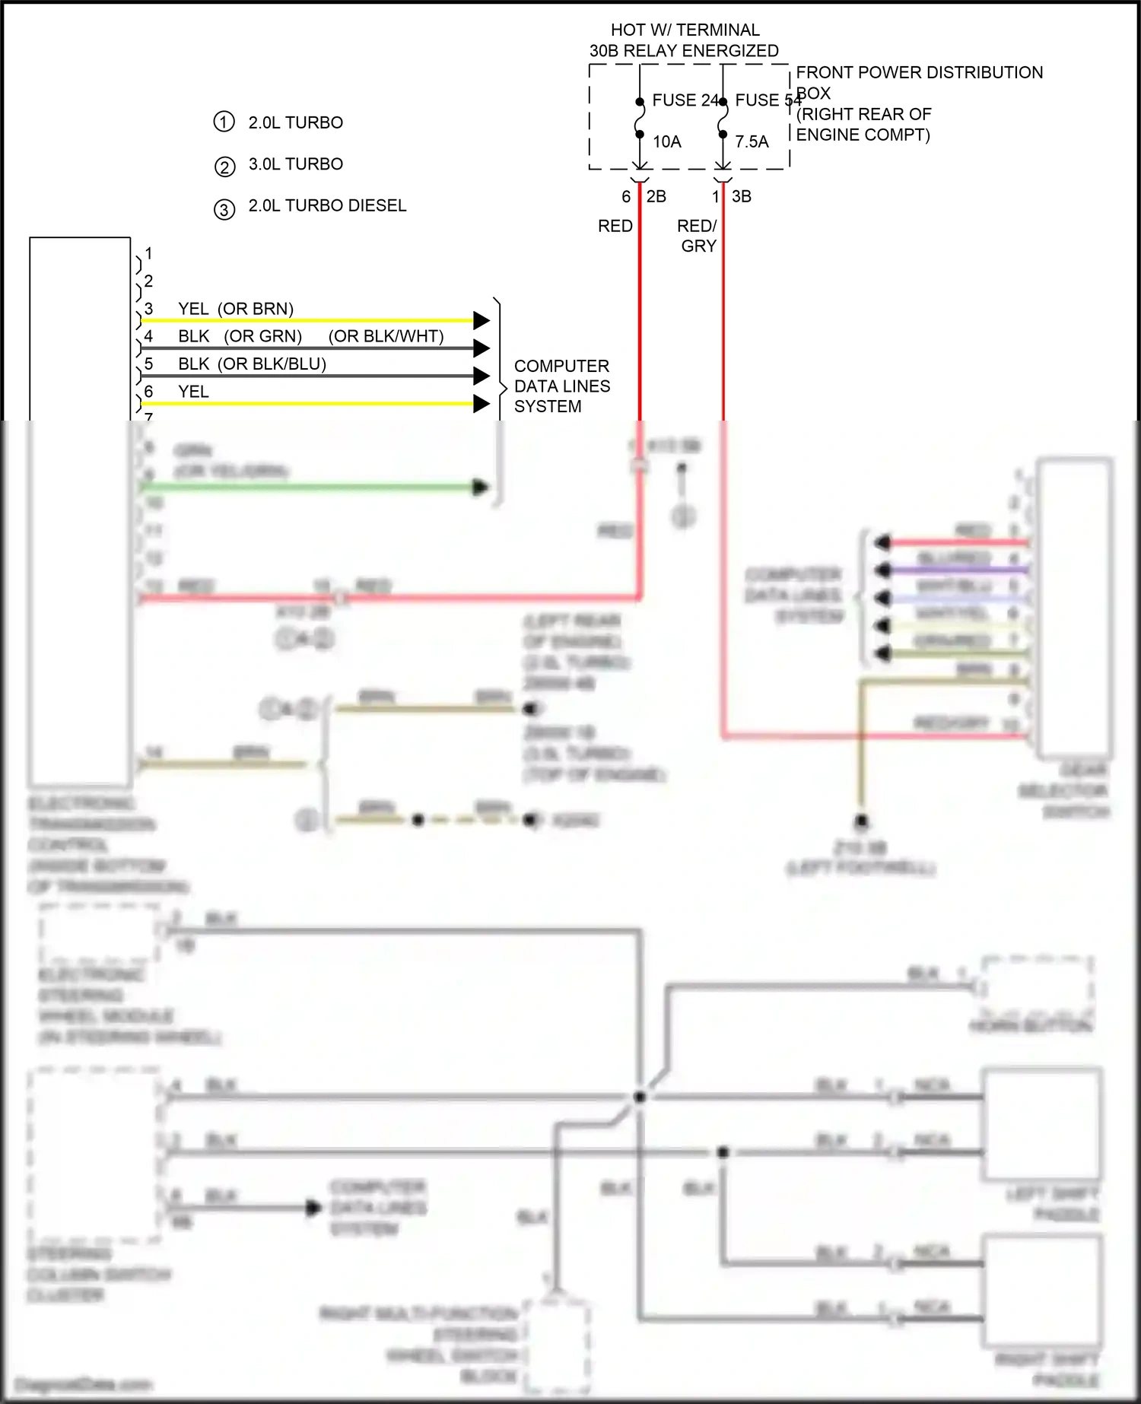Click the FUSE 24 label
[x=684, y=100]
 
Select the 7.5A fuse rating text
[x=752, y=142]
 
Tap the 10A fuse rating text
[x=666, y=142]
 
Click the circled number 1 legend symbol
[x=224, y=122]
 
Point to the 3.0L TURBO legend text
[x=295, y=164]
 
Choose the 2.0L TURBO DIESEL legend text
[x=327, y=206]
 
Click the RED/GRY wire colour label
[x=698, y=236]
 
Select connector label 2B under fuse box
[x=656, y=197]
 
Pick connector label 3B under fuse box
[x=741, y=197]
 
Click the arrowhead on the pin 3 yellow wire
[x=481, y=320]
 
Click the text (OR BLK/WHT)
[x=386, y=336]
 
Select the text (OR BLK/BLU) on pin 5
[x=272, y=364]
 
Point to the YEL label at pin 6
[x=193, y=392]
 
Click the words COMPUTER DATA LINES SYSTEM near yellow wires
[x=561, y=386]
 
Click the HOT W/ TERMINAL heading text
[x=685, y=30]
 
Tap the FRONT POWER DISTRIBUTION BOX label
[x=919, y=73]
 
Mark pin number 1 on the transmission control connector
[x=148, y=253]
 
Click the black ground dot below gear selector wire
[x=861, y=821]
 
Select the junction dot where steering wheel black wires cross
[x=640, y=1097]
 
